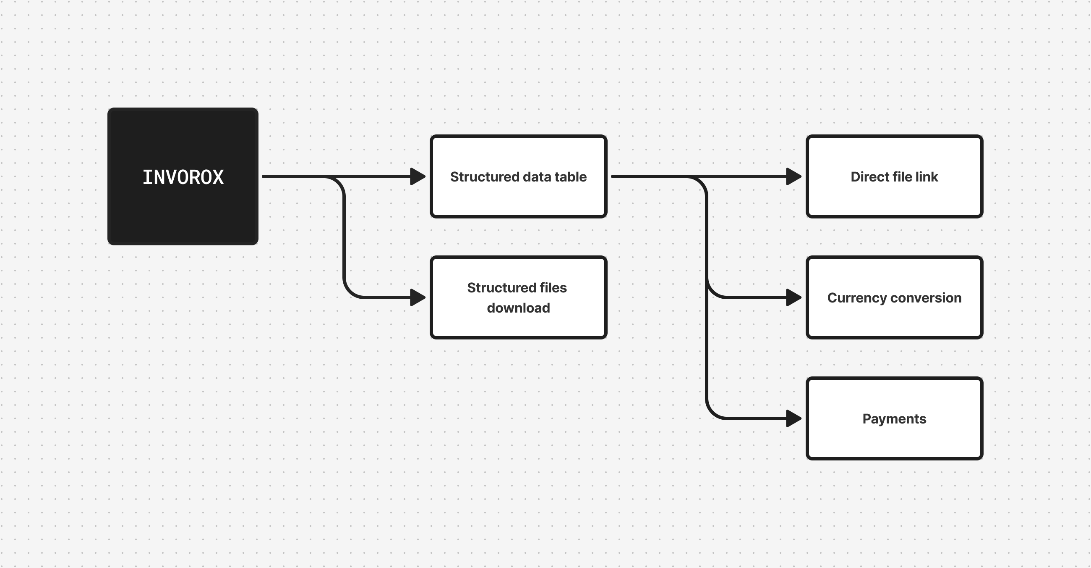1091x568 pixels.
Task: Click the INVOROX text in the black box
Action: (183, 177)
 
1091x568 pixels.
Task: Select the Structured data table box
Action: (518, 199)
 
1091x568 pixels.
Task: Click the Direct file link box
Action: (894, 199)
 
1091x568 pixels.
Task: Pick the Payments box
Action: (894, 441)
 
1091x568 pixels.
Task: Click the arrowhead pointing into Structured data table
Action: (418, 176)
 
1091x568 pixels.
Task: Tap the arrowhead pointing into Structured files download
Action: (418, 297)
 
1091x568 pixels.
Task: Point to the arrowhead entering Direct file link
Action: (793, 176)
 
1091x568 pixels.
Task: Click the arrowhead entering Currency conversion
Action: (793, 297)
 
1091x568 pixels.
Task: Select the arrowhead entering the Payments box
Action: (793, 418)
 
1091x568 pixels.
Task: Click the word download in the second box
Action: (518, 308)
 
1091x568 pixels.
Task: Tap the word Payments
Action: (894, 419)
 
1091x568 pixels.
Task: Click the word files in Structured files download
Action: (553, 288)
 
